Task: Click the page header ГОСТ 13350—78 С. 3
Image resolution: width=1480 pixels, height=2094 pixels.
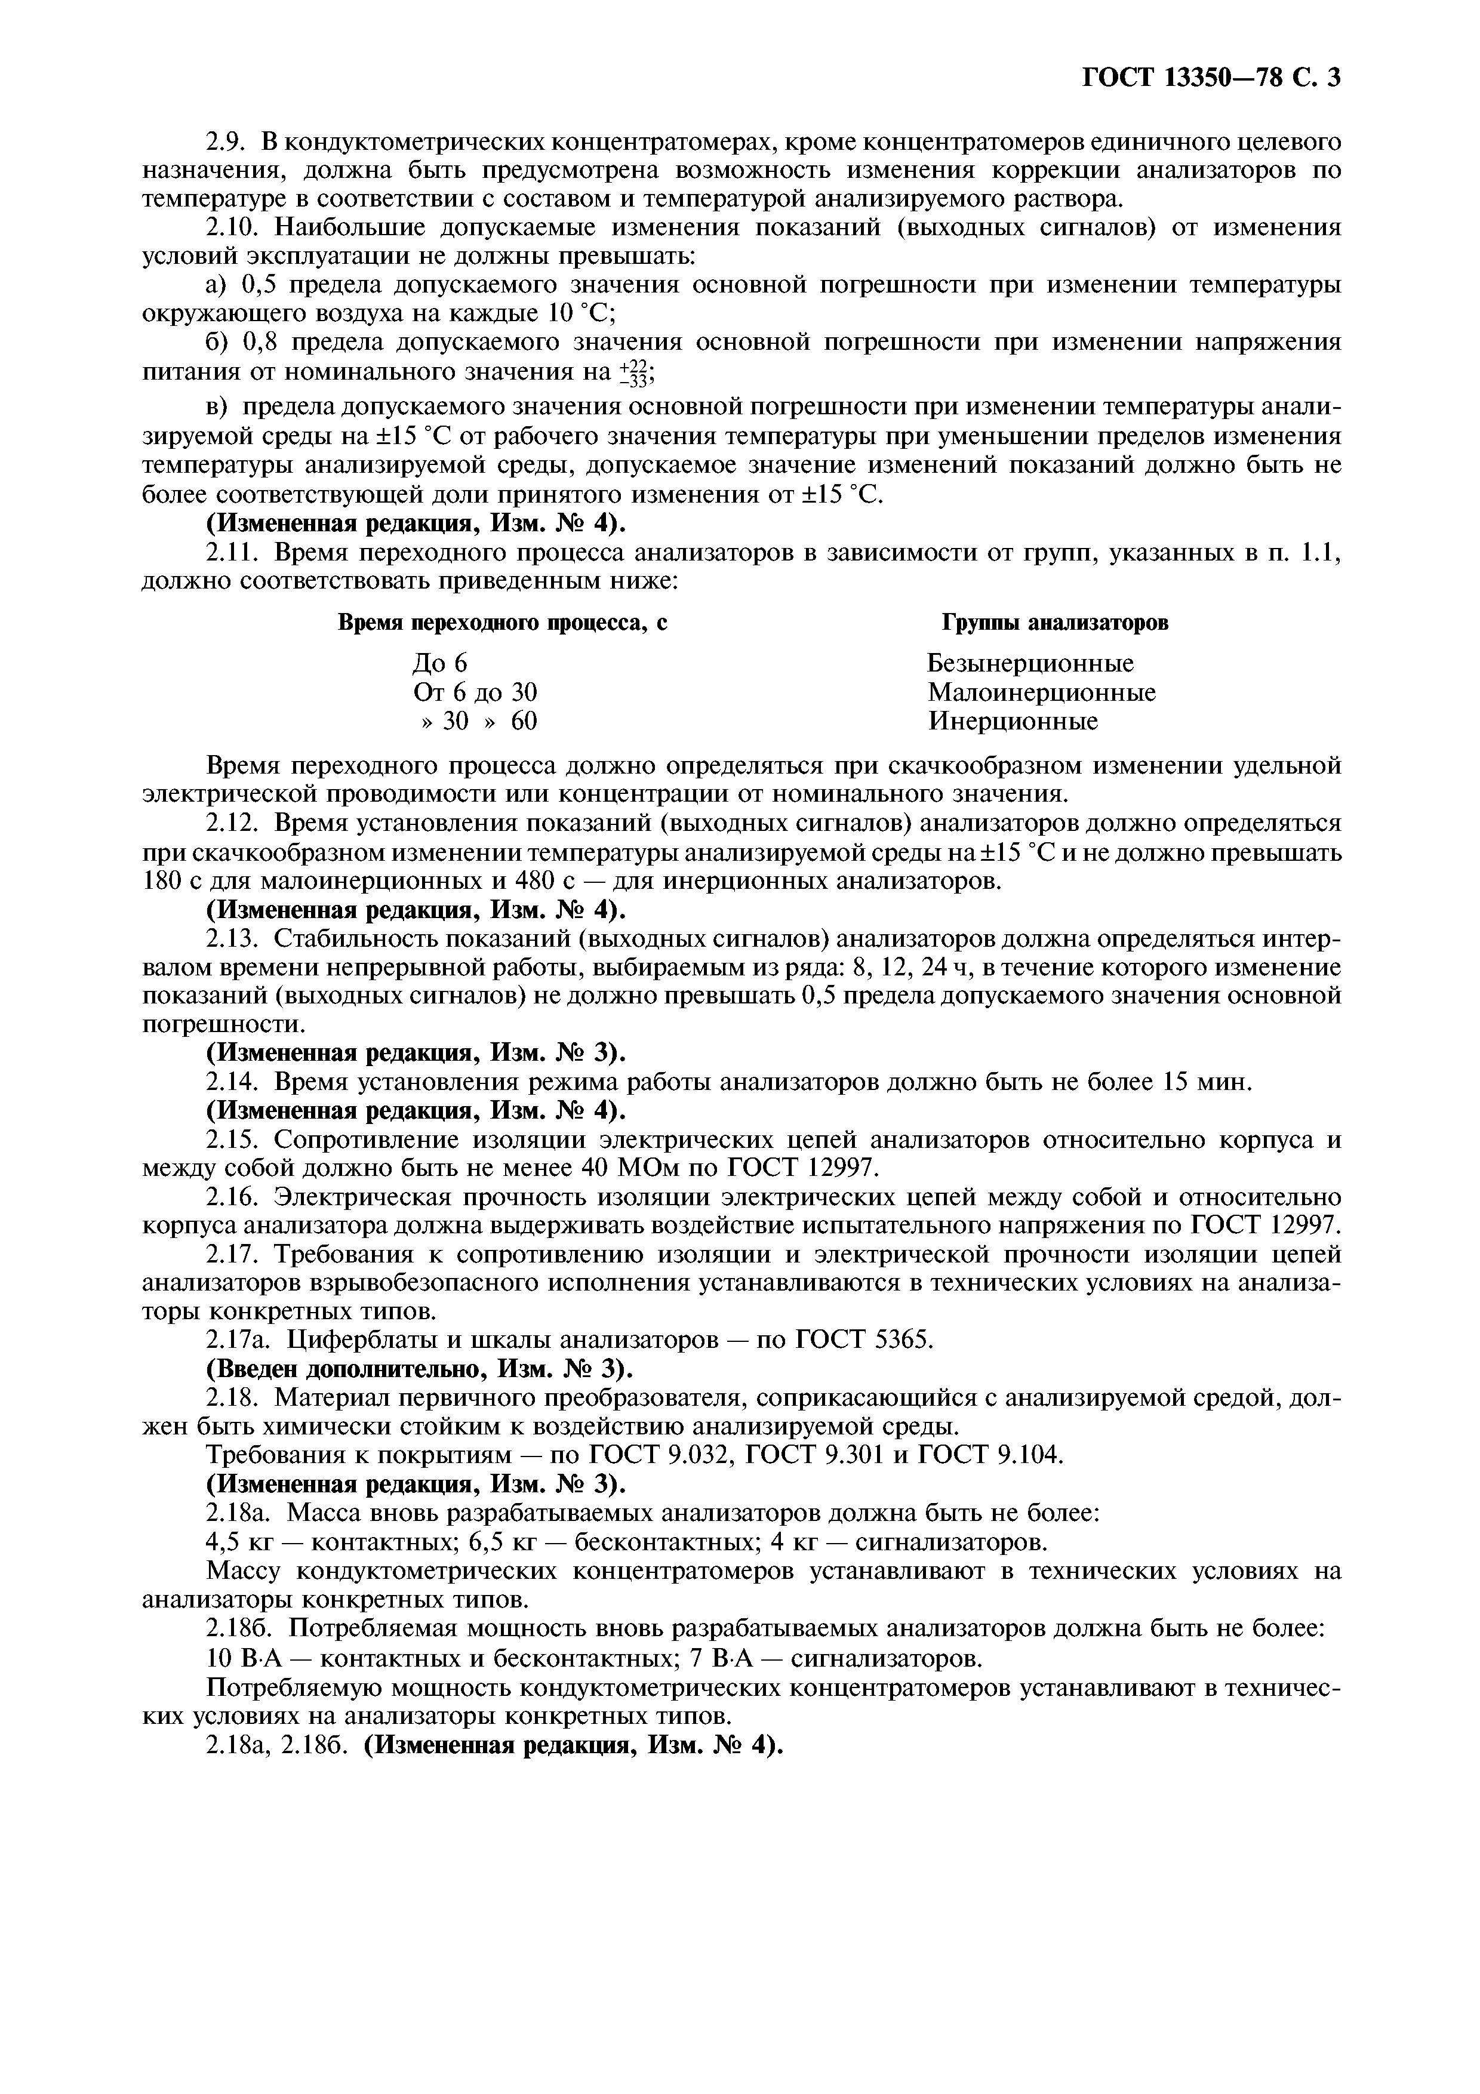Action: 1210,78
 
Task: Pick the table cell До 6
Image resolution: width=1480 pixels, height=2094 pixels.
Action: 441,663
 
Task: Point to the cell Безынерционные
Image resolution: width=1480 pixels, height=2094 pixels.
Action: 1030,663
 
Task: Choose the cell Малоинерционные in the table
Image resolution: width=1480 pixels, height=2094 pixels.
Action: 1041,692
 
